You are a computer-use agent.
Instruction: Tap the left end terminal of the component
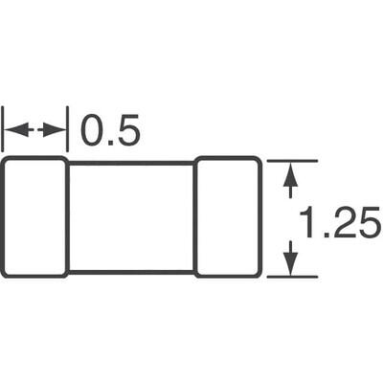(34, 217)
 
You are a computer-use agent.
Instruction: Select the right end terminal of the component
(228, 217)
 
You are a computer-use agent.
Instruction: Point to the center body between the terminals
(131, 217)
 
